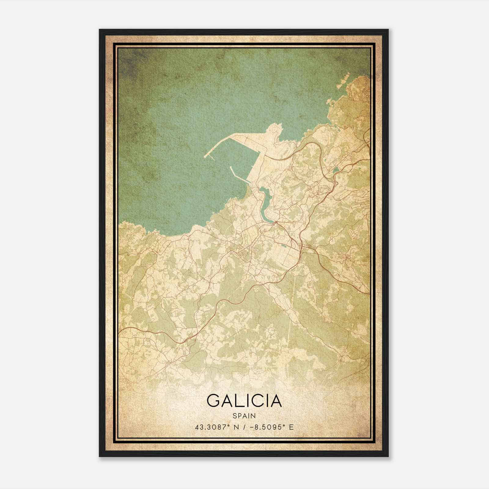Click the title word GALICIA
(244, 401)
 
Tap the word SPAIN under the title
(244, 416)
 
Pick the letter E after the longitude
(291, 427)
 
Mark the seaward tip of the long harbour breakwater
(205, 156)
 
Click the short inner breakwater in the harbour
(236, 174)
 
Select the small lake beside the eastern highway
(336, 170)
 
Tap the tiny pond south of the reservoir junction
(285, 245)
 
